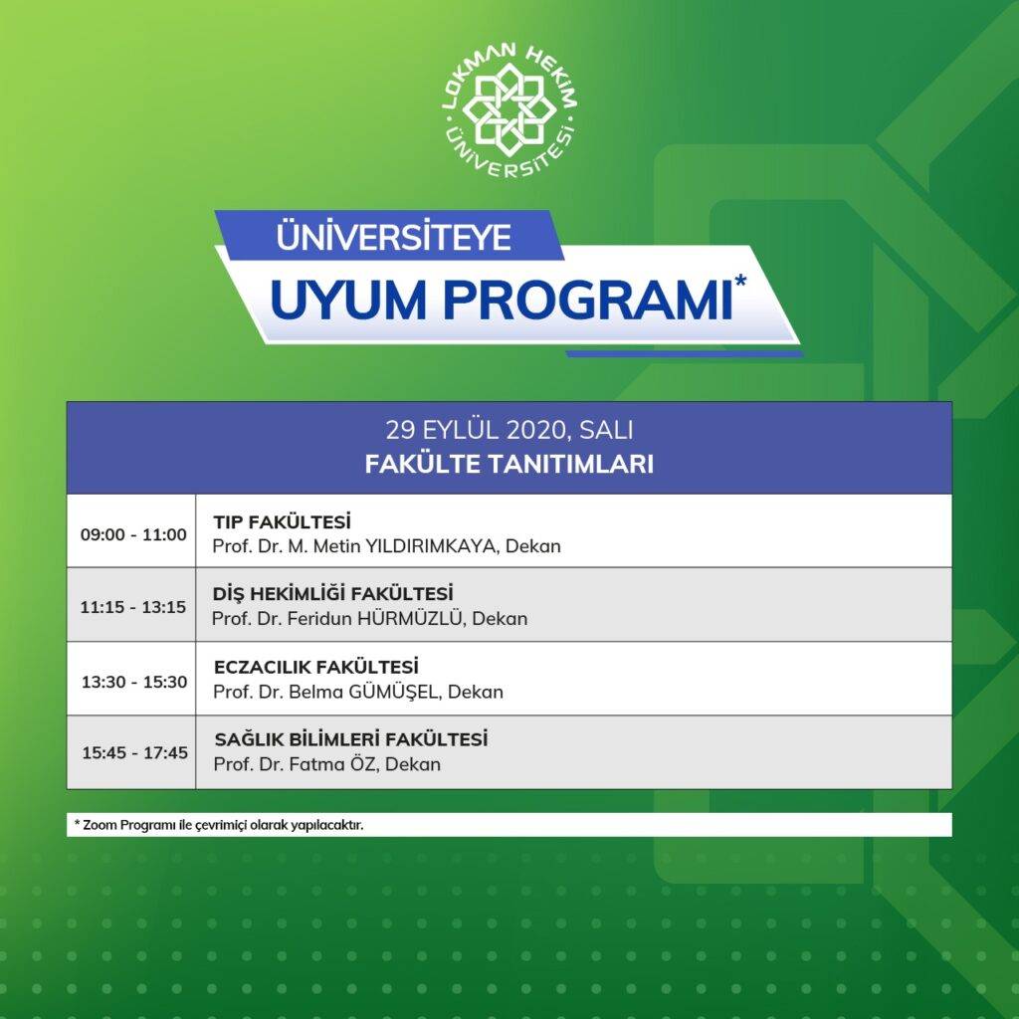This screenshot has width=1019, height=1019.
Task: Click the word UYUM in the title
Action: coord(348,301)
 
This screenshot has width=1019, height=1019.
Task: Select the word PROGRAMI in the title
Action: coord(588,301)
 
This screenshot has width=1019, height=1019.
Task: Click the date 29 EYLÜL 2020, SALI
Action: coord(509,430)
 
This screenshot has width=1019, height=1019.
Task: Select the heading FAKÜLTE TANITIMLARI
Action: coord(509,464)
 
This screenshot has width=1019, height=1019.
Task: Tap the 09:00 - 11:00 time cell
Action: coord(133,534)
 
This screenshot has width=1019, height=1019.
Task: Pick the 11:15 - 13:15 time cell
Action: coord(133,607)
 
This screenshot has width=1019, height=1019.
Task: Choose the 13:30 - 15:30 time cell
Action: coord(134,682)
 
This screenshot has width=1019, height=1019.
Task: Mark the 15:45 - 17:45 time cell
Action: coord(134,752)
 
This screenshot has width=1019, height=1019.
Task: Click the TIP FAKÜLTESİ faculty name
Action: coord(282,521)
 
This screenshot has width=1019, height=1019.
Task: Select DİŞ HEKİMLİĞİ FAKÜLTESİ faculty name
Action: coord(332,594)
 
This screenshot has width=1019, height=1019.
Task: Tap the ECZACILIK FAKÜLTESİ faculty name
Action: coord(315,667)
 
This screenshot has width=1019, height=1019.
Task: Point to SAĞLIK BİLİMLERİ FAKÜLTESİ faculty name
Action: coord(351,739)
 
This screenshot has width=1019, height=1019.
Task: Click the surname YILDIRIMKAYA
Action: coord(432,546)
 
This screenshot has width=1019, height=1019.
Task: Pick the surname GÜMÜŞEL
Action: coord(393,692)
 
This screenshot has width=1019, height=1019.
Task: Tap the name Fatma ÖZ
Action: coord(332,763)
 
